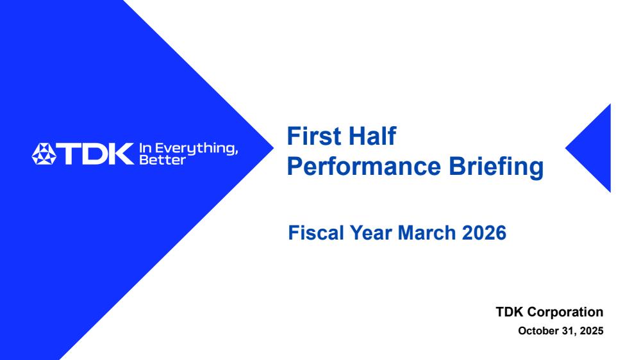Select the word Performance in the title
coord(364,167)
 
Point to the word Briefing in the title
coord(496,167)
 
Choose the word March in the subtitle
coord(427,233)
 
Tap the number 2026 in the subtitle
coord(485,233)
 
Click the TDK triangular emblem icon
coord(44,154)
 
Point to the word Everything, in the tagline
coord(196,149)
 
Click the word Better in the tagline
coord(163,160)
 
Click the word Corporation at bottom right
coord(565,312)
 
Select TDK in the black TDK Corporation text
coord(510,312)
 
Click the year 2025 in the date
coord(592,331)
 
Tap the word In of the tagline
coord(145,148)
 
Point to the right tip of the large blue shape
coord(274,148)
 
